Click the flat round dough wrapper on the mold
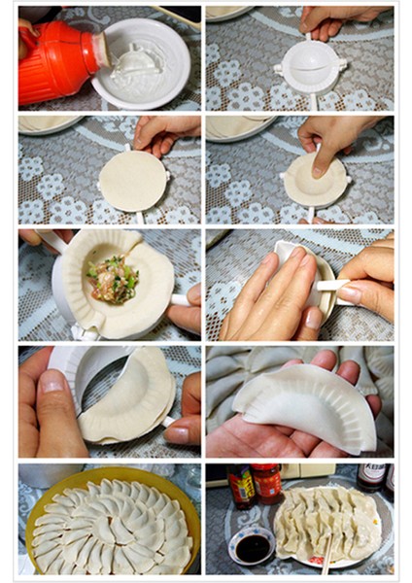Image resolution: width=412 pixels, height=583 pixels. click(131, 180)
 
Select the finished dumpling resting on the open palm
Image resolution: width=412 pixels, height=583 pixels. click(306, 403)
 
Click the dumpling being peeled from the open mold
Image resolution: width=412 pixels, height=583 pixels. click(131, 398)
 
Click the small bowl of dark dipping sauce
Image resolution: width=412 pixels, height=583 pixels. click(254, 546)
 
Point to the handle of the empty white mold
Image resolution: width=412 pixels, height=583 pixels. click(313, 99)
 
